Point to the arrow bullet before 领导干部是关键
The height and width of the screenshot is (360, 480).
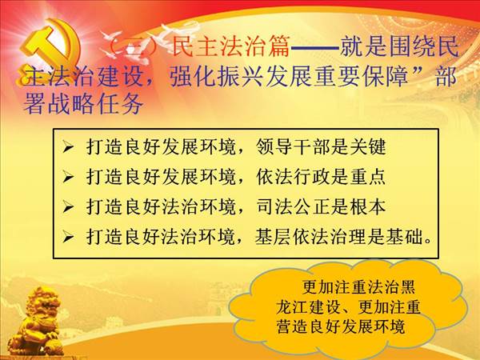coord(68,147)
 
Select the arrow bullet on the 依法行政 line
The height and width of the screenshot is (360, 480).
coord(68,178)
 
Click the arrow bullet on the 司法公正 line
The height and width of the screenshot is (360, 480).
coord(68,207)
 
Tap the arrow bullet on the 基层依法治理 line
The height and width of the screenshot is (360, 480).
coord(68,237)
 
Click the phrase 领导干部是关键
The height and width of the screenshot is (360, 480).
coord(321,147)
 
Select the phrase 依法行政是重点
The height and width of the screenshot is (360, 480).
coord(321,177)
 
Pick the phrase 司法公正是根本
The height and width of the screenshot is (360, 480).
coord(321,207)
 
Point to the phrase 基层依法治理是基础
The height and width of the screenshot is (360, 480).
coord(339,237)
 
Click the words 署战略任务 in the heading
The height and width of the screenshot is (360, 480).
coord(83,103)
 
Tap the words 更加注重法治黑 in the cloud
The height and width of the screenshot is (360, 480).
coord(358,287)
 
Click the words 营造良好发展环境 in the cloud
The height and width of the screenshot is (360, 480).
coord(341,326)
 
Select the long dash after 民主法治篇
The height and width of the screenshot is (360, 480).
coord(314,47)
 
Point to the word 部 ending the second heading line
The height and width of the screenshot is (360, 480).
coord(446,76)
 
